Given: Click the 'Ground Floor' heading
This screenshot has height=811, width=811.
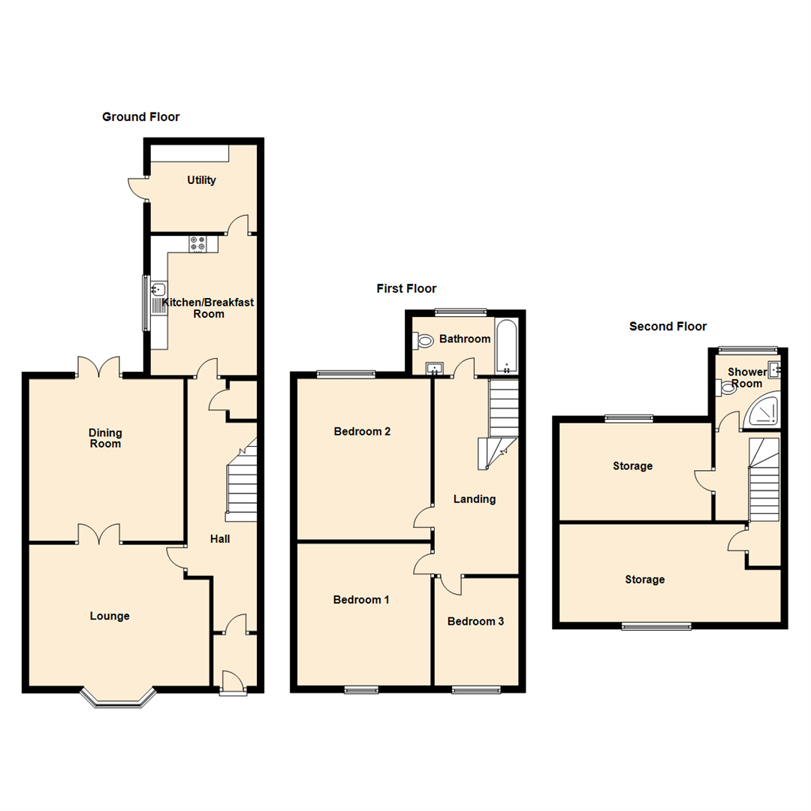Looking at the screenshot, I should [140, 116].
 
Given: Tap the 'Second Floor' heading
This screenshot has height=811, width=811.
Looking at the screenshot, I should [668, 326].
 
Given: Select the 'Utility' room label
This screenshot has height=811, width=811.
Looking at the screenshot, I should [201, 180].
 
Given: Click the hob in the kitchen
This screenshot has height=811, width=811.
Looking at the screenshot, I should [198, 243].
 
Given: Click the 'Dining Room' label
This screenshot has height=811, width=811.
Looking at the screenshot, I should [105, 438].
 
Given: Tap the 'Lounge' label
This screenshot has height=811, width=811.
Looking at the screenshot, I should [110, 616].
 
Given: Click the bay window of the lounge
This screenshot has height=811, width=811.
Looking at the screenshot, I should [118, 700].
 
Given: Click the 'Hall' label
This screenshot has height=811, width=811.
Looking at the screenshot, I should [220, 538].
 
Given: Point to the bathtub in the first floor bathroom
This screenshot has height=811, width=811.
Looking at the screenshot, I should [506, 347].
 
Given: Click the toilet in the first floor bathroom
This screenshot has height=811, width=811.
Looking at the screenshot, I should [424, 342].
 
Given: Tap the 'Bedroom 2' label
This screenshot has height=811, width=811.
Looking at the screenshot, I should [362, 432].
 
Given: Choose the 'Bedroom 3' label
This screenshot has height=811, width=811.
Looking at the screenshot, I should [475, 621].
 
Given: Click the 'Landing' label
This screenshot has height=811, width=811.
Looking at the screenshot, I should [475, 499].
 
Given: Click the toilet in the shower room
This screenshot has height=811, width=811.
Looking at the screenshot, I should [726, 387].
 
